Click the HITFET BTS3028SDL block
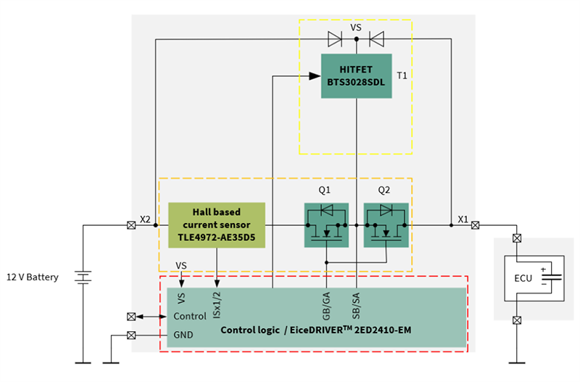356,76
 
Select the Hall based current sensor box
217,225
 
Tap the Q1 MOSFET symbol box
326,225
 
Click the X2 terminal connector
130,225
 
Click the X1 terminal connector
475,225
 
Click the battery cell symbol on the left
83,277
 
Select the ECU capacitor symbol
553,277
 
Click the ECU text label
524,277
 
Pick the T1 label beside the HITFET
402,76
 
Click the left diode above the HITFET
335,38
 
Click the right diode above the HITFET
376,38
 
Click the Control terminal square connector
130,317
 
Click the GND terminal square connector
130,335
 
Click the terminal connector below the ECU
517,320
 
